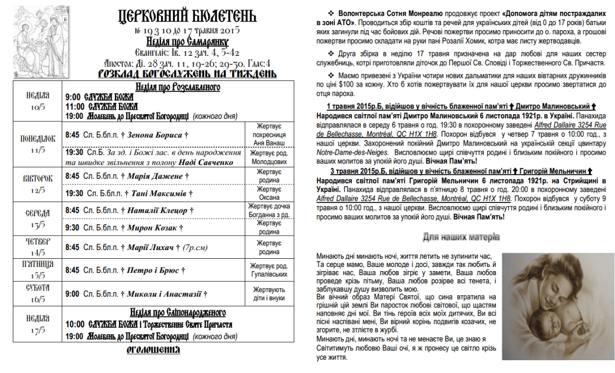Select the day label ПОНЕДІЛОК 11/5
pos(38,144)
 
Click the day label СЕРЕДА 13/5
pos(38,219)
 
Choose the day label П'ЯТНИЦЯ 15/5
pos(38,270)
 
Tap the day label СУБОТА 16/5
pos(38,294)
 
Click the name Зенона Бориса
pos(155,135)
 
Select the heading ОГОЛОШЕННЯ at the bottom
pos(153,350)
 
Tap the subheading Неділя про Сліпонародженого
pos(177,313)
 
